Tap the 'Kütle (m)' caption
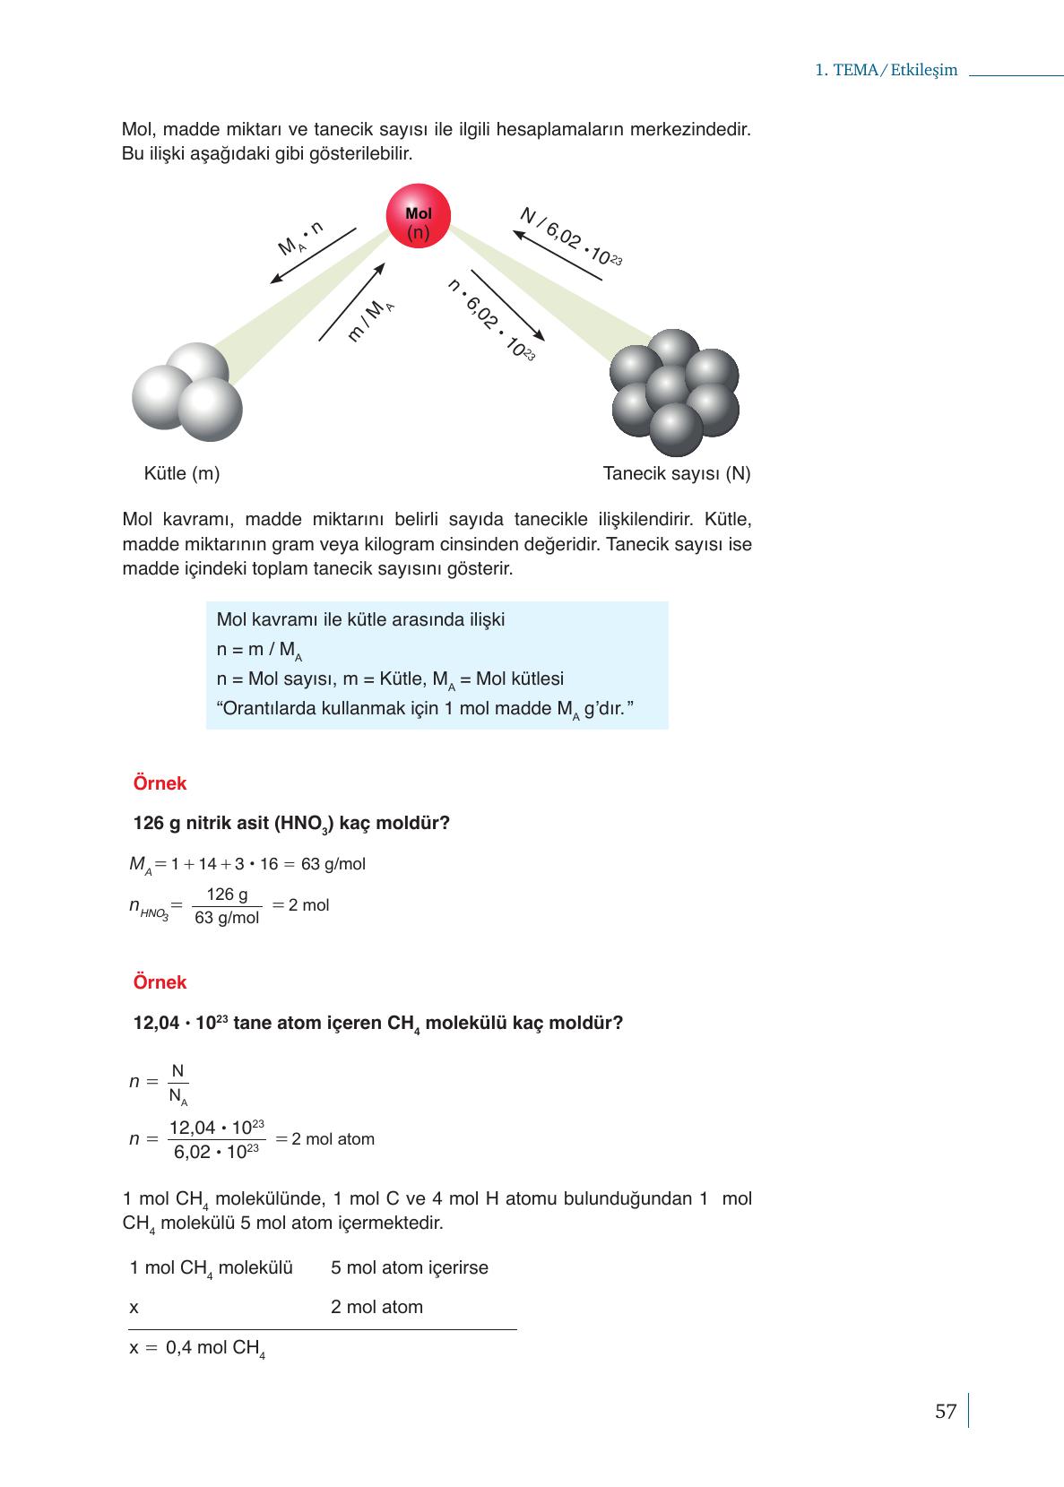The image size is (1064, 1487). [x=181, y=473]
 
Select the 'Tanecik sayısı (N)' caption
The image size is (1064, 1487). [x=677, y=473]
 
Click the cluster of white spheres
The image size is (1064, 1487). [x=187, y=393]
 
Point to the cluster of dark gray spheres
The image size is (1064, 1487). [x=675, y=393]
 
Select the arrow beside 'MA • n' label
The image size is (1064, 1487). [x=313, y=255]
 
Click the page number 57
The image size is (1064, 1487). [x=946, y=1412]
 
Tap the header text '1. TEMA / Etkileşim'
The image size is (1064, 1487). [x=886, y=70]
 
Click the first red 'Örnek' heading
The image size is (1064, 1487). [x=160, y=783]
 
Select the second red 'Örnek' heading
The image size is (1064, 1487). [x=160, y=982]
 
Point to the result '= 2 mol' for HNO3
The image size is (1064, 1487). [x=301, y=905]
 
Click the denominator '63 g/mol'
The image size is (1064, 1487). [x=227, y=918]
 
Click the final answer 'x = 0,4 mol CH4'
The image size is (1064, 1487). [x=197, y=1348]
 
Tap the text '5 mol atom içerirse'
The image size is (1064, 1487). [x=409, y=1267]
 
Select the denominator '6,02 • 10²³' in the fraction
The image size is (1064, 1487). [x=216, y=1152]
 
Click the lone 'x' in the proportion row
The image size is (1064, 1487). [x=134, y=1307]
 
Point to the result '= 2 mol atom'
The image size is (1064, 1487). [x=325, y=1139]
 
